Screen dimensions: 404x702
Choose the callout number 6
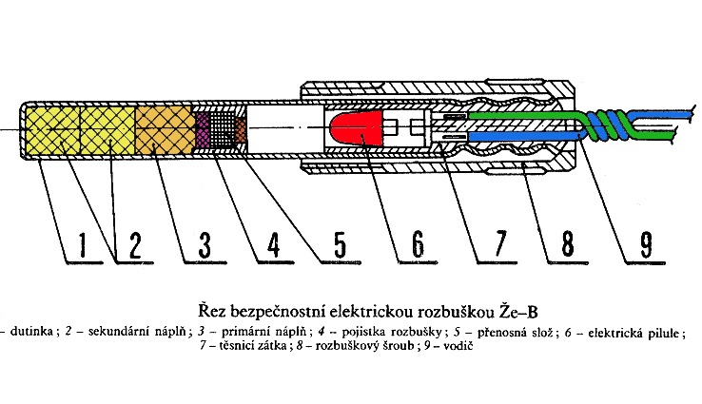pyautogui.click(x=416, y=245)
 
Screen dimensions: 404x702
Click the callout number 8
pyautogui.click(x=568, y=245)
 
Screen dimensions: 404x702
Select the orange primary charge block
pyautogui.click(x=163, y=132)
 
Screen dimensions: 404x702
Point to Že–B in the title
pyautogui.click(x=484, y=310)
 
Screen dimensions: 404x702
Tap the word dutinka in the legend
pyautogui.click(x=31, y=332)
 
